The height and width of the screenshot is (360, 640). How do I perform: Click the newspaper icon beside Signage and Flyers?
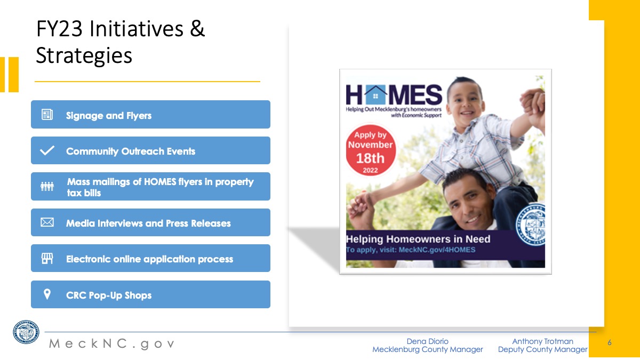click(47, 115)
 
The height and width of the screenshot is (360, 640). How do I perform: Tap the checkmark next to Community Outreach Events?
click(47, 150)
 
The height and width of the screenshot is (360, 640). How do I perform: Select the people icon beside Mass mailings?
click(47, 186)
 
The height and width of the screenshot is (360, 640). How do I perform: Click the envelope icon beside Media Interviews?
click(47, 222)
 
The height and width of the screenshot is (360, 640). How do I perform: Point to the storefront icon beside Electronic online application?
click(47, 258)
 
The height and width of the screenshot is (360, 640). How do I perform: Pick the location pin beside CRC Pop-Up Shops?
click(47, 294)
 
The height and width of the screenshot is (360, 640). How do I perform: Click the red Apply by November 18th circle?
click(371, 150)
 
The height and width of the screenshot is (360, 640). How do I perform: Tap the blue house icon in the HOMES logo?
click(375, 95)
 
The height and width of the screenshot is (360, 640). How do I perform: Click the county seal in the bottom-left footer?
click(26, 332)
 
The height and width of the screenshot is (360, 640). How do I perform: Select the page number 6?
click(610, 342)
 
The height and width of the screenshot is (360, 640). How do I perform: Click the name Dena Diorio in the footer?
click(427, 341)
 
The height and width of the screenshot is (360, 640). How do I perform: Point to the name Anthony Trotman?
click(542, 341)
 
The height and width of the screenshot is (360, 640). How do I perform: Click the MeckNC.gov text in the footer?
click(111, 343)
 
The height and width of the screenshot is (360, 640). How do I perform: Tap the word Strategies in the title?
click(84, 55)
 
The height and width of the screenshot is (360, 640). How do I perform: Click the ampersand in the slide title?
click(197, 28)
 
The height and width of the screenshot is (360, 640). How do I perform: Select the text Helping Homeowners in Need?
click(418, 239)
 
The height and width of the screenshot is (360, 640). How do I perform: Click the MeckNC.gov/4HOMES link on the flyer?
click(437, 250)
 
